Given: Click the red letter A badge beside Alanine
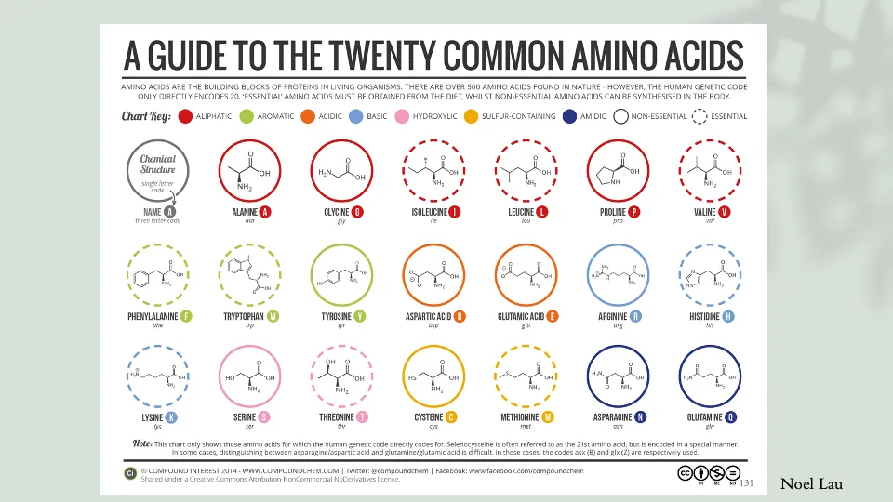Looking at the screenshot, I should pyautogui.click(x=265, y=212).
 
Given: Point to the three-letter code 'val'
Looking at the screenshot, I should pyautogui.click(x=709, y=222).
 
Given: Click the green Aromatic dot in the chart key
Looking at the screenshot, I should pyautogui.click(x=247, y=117).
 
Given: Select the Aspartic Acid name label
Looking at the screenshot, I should pyautogui.click(x=428, y=316).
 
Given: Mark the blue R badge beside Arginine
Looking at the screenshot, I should pyautogui.click(x=636, y=316).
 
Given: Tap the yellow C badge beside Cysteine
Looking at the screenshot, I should pyautogui.click(x=451, y=417).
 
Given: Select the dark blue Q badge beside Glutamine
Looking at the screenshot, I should pyautogui.click(x=731, y=417).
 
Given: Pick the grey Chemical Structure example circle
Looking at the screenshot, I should pyautogui.click(x=157, y=170).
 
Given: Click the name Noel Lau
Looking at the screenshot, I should pyautogui.click(x=810, y=483).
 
